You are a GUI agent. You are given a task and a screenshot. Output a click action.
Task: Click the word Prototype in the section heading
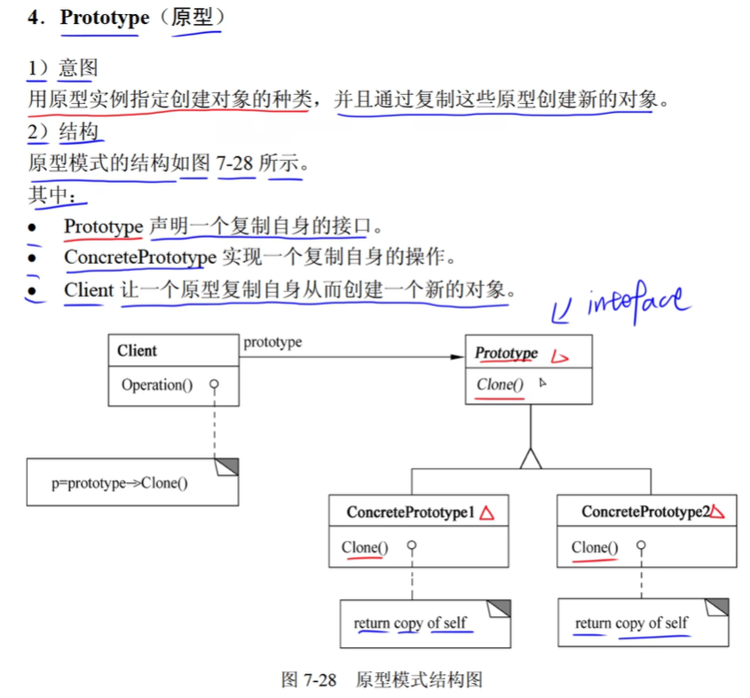tap(104, 18)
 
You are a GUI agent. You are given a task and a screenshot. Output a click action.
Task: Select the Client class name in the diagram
tap(137, 351)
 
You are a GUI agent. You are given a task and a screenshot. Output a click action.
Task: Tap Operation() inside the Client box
tap(156, 385)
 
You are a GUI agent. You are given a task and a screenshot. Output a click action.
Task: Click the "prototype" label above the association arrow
tap(272, 342)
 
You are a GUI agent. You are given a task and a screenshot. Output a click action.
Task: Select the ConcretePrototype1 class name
tap(411, 512)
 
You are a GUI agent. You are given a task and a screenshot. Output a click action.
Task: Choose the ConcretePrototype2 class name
tap(646, 512)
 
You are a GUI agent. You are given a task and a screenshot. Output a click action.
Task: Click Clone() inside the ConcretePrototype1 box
tap(365, 547)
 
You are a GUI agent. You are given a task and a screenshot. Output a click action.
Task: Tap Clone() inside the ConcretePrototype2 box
tap(595, 547)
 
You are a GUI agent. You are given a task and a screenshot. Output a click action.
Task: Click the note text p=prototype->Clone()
tap(120, 484)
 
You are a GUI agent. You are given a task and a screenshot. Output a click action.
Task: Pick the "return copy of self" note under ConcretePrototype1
tap(410, 623)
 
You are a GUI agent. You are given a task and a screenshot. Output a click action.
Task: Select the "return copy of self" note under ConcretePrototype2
tap(631, 623)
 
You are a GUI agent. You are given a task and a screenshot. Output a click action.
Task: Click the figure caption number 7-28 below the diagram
tap(320, 680)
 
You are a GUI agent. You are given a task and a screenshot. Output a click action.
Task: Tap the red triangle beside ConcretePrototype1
tap(486, 512)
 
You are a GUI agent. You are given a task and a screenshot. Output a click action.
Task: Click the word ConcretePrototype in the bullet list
tap(140, 258)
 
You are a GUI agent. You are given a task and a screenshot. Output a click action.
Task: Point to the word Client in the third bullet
tap(89, 290)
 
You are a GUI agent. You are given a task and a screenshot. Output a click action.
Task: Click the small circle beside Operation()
tap(214, 385)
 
